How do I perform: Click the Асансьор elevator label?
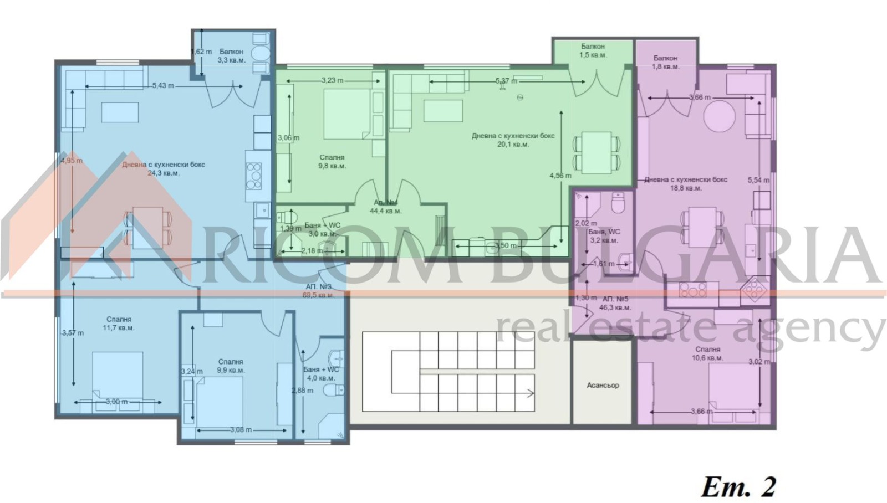[603, 385]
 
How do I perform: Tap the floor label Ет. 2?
[738, 487]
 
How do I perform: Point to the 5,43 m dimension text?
[163, 85]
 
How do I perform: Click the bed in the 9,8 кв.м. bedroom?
[346, 114]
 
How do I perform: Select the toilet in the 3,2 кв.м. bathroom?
[618, 203]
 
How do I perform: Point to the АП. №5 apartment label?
[615, 303]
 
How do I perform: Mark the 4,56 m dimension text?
[560, 176]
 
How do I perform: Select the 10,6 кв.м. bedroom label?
[708, 353]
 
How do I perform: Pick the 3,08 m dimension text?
[240, 429]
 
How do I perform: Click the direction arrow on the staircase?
[530, 393]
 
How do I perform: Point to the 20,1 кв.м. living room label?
[513, 140]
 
